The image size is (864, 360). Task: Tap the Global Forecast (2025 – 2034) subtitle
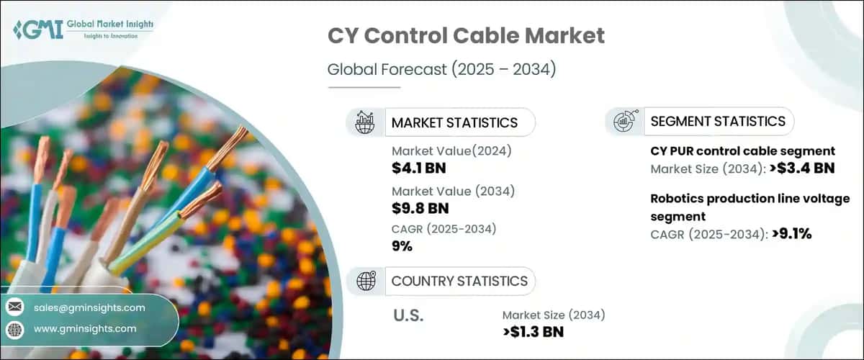pos(442,70)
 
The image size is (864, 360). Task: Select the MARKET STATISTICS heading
pos(454,122)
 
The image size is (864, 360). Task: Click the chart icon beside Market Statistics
pos(364,122)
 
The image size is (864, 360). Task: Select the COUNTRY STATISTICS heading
pos(459,281)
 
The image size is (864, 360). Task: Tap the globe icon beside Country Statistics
pos(364,281)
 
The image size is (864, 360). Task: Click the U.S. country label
pos(408,315)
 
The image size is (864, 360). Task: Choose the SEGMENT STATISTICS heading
pos(718,121)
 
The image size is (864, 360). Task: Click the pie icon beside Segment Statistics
pos(624,121)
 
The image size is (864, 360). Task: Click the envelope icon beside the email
pos(14,307)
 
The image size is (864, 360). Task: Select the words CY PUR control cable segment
pos(742,151)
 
